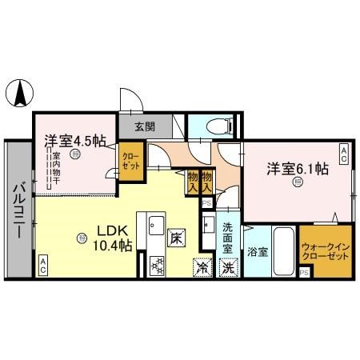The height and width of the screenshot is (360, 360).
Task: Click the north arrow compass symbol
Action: [x=18, y=94]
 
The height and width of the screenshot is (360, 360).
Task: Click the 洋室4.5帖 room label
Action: [x=74, y=142]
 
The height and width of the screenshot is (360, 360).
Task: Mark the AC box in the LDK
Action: [x=42, y=266]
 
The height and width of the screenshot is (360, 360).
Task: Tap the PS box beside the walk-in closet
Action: [x=304, y=273]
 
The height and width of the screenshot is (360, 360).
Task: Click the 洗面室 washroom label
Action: [x=228, y=238]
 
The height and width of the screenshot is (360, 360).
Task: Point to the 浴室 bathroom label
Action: [x=256, y=251]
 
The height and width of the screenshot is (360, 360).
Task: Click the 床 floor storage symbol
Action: [x=175, y=238]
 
